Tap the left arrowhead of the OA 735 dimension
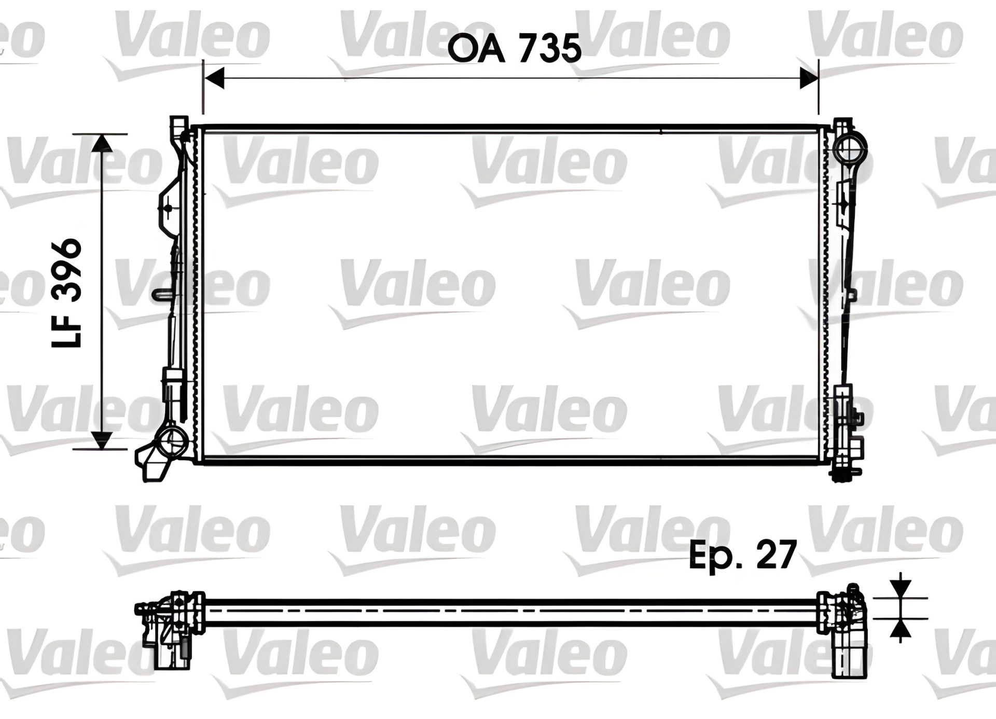[x=214, y=78]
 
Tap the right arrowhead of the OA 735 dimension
[x=808, y=78]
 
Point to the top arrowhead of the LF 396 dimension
[x=102, y=143]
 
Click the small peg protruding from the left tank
[x=162, y=294]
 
